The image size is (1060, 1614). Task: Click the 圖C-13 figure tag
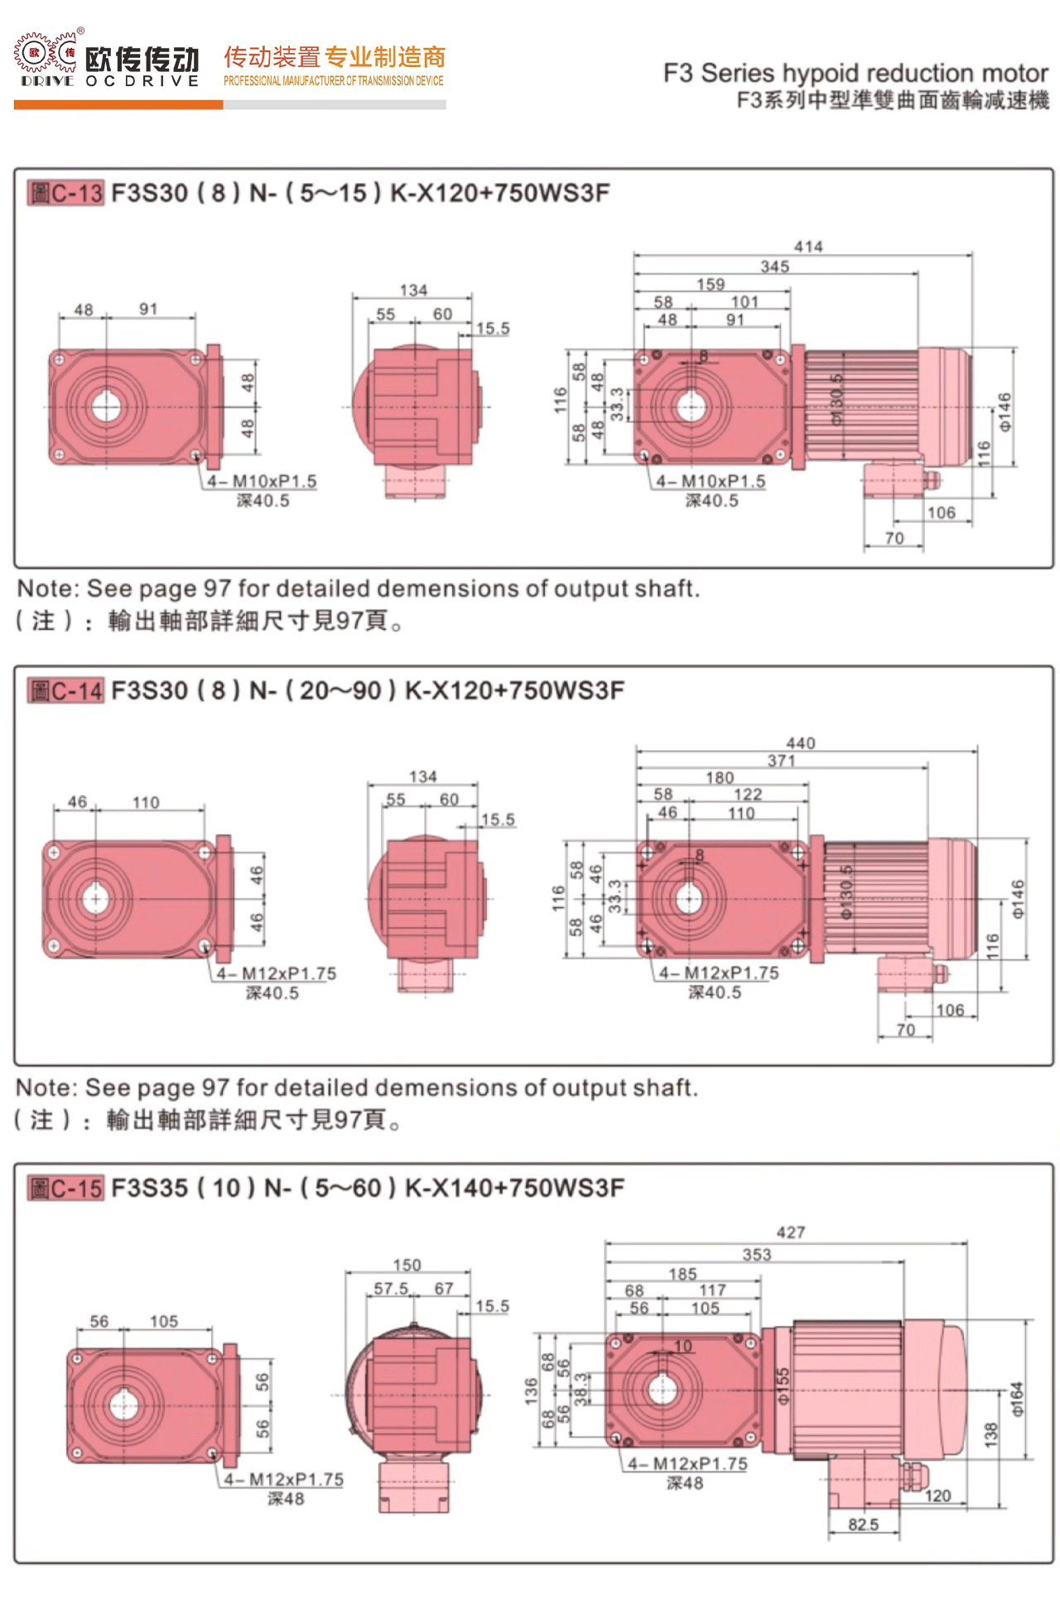tap(65, 193)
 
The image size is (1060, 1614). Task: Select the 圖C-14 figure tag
tap(65, 690)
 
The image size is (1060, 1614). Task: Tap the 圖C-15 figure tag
tap(65, 1189)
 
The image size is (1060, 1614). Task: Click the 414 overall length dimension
tap(808, 247)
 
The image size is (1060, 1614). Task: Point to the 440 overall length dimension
tap(801, 743)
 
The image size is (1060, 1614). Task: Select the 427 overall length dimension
tap(791, 1232)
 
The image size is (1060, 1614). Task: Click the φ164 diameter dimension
tap(1018, 1398)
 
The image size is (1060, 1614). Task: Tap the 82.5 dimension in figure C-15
tap(863, 1524)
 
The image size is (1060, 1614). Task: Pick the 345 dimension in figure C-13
tap(774, 267)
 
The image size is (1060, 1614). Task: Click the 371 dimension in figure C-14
tap(781, 761)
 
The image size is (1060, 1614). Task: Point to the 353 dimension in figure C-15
tap(756, 1255)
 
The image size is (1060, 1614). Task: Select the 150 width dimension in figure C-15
tap(407, 1265)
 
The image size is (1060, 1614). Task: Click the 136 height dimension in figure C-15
tap(531, 1390)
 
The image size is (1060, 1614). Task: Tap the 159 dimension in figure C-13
tap(711, 284)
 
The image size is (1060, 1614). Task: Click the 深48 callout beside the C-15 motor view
tap(685, 1483)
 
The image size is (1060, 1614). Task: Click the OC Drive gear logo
tap(46, 55)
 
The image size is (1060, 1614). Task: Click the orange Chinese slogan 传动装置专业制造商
tap(335, 56)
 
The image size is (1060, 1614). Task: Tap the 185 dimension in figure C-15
tap(683, 1274)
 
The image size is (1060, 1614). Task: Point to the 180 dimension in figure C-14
tap(720, 778)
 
